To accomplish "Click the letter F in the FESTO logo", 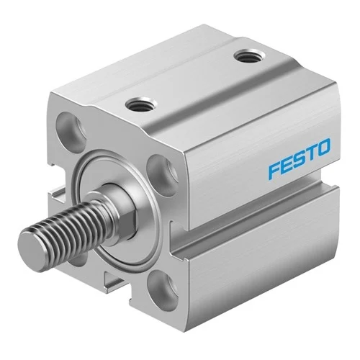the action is [274, 171].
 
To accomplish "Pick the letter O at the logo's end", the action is [323, 147].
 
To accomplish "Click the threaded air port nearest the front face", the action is [141, 105].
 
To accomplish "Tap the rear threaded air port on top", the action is [250, 57].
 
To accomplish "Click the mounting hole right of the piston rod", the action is [162, 175].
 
